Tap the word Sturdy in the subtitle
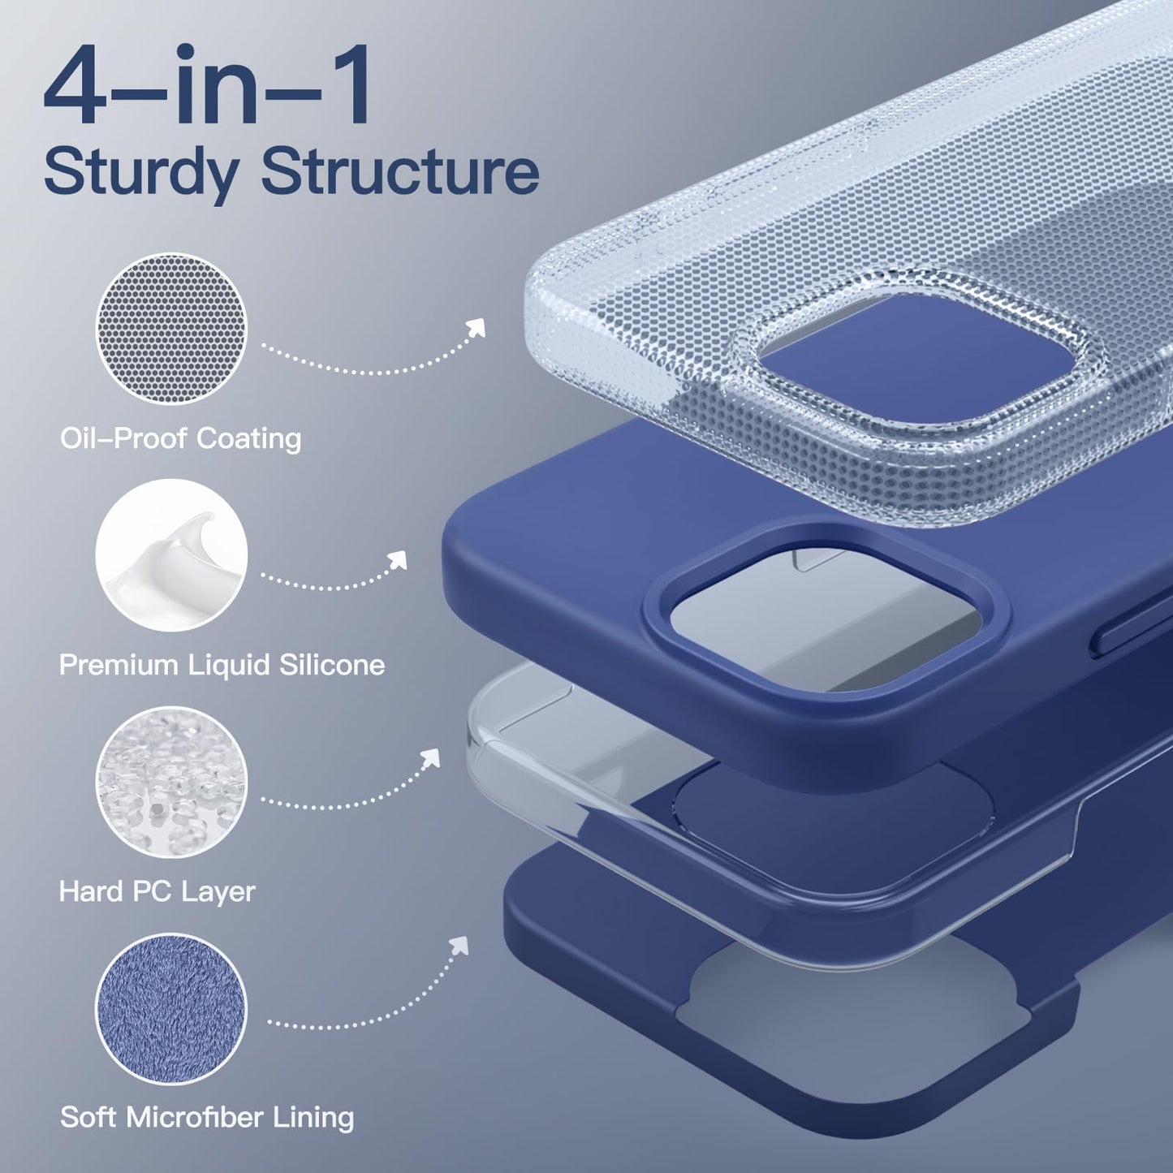click(x=140, y=171)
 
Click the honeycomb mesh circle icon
click(x=171, y=329)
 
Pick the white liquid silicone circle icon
click(x=171, y=555)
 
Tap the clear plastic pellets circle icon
click(x=171, y=783)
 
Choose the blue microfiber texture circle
click(x=171, y=1009)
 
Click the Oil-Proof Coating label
click(x=181, y=439)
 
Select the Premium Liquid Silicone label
click(x=222, y=666)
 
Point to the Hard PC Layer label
click(x=157, y=892)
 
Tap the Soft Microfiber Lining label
click(x=207, y=1118)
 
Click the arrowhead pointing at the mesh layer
click(x=475, y=327)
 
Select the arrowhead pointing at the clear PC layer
click(x=429, y=758)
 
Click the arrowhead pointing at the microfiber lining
click(x=459, y=946)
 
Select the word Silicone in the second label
click(x=332, y=666)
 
